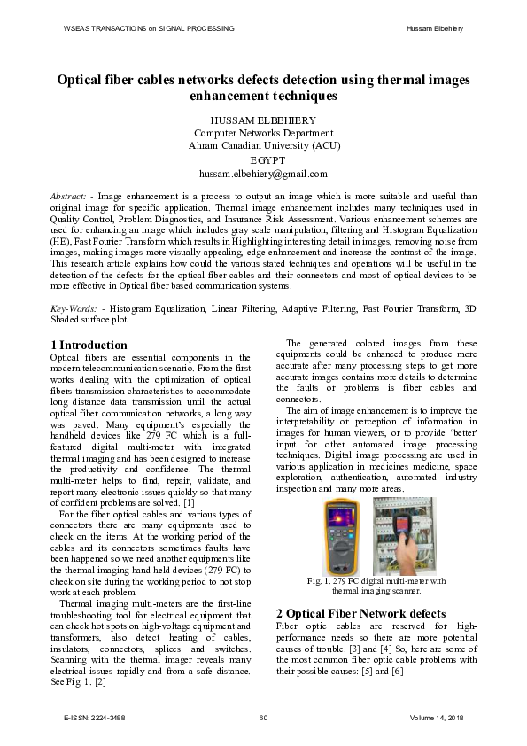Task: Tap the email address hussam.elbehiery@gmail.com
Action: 263,174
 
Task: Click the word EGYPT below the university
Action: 263,159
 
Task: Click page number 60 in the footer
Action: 263,717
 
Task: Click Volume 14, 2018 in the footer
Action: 438,717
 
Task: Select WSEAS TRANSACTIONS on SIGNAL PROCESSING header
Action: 149,28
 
